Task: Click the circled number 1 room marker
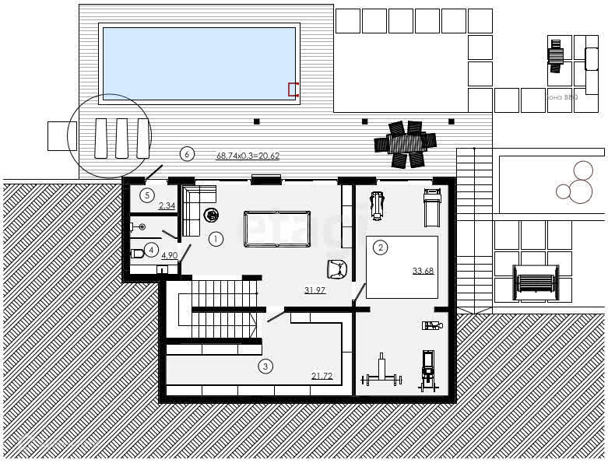(x=216, y=237)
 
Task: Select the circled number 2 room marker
(x=380, y=248)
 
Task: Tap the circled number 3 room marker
(x=265, y=366)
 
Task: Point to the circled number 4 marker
(x=151, y=250)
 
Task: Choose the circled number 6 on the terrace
(x=186, y=153)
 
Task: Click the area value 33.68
(x=423, y=271)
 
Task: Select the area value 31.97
(x=315, y=290)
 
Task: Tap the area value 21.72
(x=322, y=376)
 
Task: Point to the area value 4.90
(x=169, y=254)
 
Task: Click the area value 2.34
(x=167, y=205)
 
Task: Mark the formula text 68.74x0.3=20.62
(x=248, y=156)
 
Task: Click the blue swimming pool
(x=199, y=63)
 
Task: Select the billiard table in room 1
(x=276, y=229)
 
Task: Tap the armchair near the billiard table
(x=336, y=268)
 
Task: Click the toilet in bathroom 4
(x=137, y=252)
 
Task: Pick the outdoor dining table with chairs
(x=405, y=143)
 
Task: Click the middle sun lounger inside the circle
(x=121, y=138)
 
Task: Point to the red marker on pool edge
(x=293, y=89)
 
